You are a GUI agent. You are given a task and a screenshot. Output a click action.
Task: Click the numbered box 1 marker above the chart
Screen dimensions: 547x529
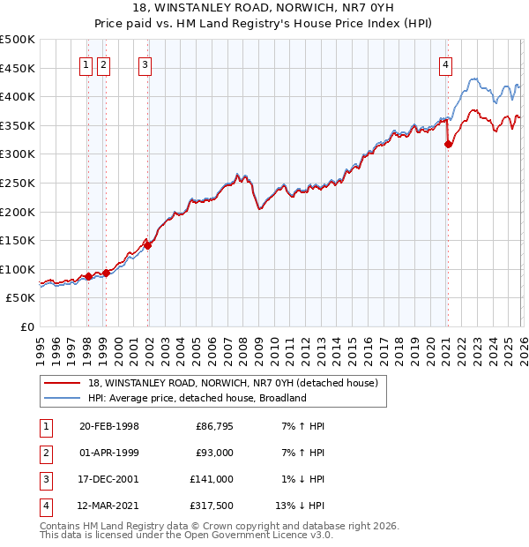click(x=87, y=64)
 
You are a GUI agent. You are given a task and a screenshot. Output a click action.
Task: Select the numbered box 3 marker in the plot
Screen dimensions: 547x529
click(x=145, y=64)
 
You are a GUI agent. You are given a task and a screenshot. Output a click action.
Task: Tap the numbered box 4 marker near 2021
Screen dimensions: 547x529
click(x=447, y=64)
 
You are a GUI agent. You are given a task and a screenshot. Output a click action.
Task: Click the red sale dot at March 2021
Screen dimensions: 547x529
click(x=449, y=145)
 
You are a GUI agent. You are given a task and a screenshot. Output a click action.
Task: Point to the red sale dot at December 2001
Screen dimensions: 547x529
click(x=148, y=246)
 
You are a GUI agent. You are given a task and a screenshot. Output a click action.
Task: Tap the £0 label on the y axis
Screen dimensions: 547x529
click(x=27, y=326)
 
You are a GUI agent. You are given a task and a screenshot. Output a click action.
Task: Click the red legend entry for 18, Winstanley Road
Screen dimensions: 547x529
click(x=233, y=383)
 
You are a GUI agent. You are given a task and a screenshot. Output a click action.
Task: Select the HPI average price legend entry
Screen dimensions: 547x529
click(x=197, y=398)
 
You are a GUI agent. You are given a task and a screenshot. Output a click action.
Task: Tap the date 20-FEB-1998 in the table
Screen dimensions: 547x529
click(x=108, y=426)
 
